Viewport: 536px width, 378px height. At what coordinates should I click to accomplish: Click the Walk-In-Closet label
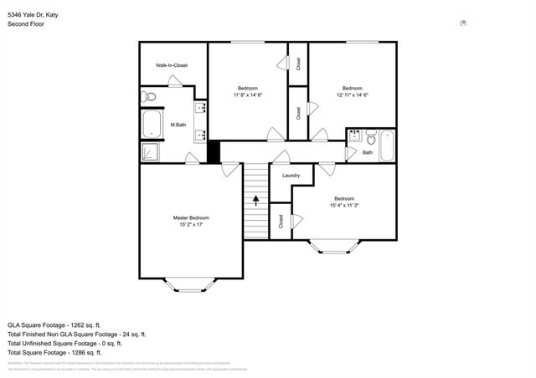coord(171,65)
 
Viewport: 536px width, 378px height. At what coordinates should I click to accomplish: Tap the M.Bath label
coord(178,125)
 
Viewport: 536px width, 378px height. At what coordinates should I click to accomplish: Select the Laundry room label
coord(291,175)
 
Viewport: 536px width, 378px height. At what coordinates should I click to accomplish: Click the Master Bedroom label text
coord(191,217)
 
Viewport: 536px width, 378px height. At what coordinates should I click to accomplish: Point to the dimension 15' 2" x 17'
coord(191,225)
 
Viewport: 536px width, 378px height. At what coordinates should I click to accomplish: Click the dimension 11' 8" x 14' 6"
coord(248,95)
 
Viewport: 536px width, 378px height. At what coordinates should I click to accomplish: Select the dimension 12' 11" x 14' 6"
coord(352,95)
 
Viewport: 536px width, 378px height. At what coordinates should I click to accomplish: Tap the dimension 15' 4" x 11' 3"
coord(344,205)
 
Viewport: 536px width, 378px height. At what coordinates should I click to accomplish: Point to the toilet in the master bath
coord(149,97)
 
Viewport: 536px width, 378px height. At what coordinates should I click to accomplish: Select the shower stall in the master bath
coord(149,152)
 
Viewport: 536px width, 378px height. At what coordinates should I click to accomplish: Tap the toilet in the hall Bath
coord(369,135)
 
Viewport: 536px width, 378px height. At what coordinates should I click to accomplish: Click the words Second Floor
coord(25,24)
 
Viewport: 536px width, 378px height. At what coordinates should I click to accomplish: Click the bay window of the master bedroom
coord(191,286)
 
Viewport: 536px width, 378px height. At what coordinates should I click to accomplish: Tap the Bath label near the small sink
coord(368,152)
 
